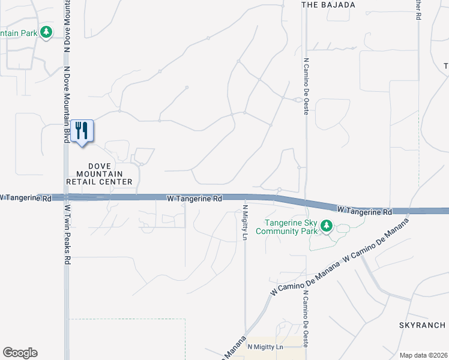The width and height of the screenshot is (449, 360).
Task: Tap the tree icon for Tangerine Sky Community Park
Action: pyautogui.click(x=327, y=226)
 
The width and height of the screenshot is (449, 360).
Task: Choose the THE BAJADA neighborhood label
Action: pyautogui.click(x=328, y=5)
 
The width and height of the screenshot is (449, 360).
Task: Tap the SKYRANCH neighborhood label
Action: pyautogui.click(x=423, y=325)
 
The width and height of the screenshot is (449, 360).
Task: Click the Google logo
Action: pyautogui.click(x=20, y=353)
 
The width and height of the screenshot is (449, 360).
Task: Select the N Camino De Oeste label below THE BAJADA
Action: pyautogui.click(x=306, y=78)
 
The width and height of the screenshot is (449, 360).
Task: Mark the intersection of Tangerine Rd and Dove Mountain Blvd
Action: pyautogui.click(x=65, y=197)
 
